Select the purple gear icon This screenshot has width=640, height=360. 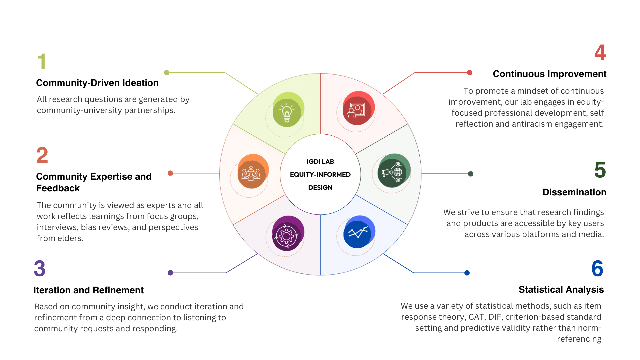pos(286,236)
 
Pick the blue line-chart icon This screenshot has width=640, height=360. pos(358,233)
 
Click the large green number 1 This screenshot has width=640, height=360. pos(41,62)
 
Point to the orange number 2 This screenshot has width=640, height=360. pos(42,155)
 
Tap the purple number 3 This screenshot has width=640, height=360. pos(40,269)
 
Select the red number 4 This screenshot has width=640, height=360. pos(600,53)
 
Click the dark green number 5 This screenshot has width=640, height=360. pos(600,170)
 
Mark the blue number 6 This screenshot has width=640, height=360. pos(597,269)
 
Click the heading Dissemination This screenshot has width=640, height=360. pos(574,192)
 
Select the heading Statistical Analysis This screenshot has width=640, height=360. pos(561,290)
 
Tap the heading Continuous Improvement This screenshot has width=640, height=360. pos(549,74)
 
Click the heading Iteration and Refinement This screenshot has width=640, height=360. pos(88,290)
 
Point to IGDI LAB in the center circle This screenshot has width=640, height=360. pos(320,162)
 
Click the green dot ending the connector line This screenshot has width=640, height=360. pos(167,73)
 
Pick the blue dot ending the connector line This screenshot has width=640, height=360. pos(467,273)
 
